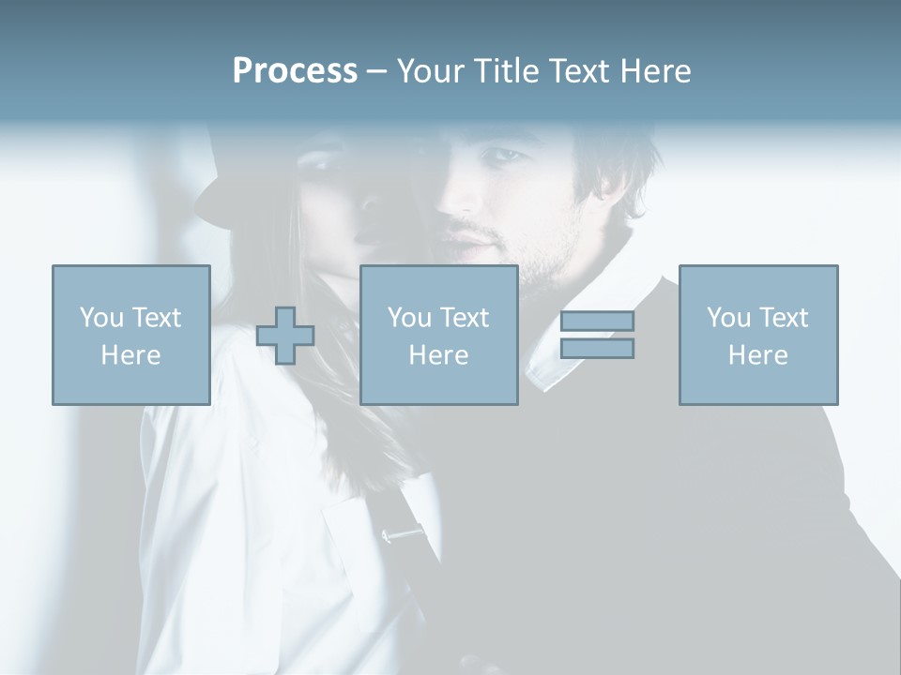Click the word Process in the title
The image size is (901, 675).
pos(295,71)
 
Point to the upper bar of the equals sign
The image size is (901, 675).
pos(597,321)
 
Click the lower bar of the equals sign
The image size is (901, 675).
pos(597,349)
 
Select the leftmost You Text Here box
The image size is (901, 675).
pos(130,335)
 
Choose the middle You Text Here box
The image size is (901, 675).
pos(438,335)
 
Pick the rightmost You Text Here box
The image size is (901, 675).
pos(757,335)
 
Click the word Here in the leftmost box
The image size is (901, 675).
pos(130,355)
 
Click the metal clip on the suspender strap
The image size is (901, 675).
pos(403,534)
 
